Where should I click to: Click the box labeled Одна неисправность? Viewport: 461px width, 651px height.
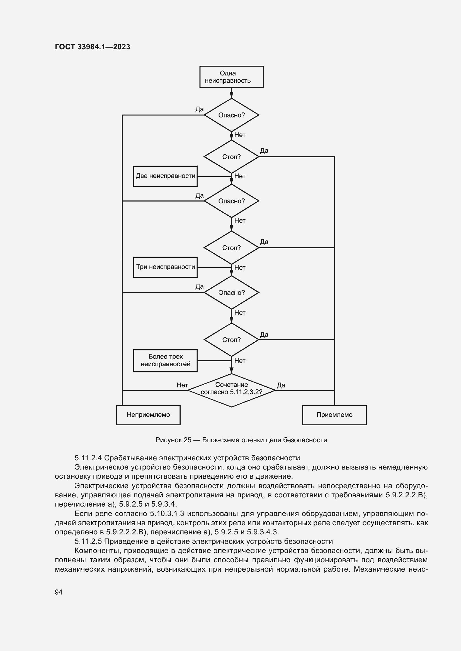[x=231, y=77]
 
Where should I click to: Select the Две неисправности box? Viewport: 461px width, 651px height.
[x=165, y=176]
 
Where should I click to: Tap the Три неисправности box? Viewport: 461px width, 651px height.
[x=165, y=267]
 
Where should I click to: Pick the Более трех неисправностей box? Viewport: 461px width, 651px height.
[x=165, y=360]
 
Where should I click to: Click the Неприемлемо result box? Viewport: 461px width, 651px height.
[x=148, y=415]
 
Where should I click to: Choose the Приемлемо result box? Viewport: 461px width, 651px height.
[x=334, y=415]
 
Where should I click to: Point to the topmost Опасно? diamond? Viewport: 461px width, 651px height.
[x=231, y=115]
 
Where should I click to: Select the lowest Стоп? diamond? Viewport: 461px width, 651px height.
[x=231, y=340]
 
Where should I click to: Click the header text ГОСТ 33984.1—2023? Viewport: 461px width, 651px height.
[x=92, y=47]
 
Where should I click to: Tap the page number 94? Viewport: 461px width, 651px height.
[x=59, y=592]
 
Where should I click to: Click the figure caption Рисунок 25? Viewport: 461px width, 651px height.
[x=173, y=440]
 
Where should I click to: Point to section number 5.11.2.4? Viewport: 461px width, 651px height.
[x=88, y=458]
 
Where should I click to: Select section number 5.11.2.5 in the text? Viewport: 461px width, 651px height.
[x=88, y=541]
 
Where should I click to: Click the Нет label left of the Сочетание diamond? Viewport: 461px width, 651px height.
[x=182, y=385]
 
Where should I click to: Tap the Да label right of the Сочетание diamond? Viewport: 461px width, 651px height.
[x=281, y=385]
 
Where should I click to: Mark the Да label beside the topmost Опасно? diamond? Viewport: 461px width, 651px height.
[x=199, y=109]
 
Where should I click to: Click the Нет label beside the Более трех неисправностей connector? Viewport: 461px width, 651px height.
[x=240, y=361]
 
